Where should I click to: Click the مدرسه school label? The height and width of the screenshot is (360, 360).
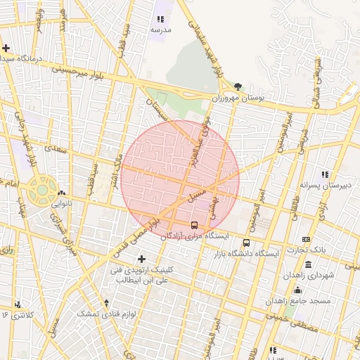click(160, 31)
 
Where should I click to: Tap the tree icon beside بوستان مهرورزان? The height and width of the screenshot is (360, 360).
click(238, 87)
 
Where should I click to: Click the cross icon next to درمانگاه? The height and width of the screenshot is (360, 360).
click(6, 49)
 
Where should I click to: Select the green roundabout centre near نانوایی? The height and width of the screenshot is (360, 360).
click(42, 189)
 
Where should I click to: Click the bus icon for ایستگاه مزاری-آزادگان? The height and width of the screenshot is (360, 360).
click(194, 226)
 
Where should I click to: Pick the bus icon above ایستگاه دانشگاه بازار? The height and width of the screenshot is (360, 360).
click(246, 242)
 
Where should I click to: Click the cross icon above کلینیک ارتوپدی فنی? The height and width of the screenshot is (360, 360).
click(143, 259)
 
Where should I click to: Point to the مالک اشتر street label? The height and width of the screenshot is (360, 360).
click(112, 171)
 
